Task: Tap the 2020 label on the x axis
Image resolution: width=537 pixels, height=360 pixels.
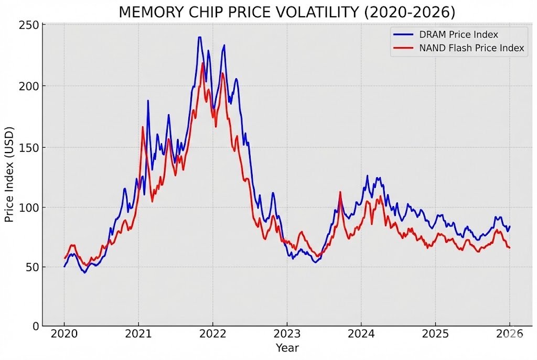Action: click(64, 334)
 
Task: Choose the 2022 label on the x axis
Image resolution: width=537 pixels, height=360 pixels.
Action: click(212, 334)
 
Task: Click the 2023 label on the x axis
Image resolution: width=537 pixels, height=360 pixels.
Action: click(287, 334)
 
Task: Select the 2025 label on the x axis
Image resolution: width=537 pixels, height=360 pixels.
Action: click(435, 334)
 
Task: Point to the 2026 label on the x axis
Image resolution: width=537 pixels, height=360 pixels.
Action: click(509, 334)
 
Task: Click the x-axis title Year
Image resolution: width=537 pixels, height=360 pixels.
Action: click(287, 348)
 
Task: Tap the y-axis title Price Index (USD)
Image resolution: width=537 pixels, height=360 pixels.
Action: click(9, 174)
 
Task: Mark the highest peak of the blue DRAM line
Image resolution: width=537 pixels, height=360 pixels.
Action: click(200, 37)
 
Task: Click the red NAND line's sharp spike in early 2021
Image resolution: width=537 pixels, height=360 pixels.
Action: click(143, 127)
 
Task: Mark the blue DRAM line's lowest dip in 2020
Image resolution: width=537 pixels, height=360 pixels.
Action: click(85, 272)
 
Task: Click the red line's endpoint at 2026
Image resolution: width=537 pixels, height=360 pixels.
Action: click(509, 247)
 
